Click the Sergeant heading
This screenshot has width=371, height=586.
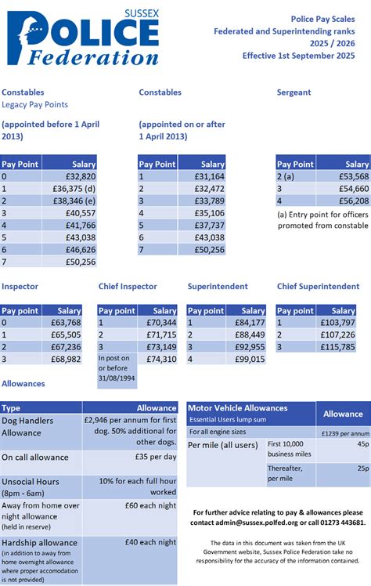[x=294, y=92]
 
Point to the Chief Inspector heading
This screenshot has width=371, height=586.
[x=128, y=287]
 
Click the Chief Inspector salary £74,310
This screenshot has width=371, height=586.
[x=160, y=359]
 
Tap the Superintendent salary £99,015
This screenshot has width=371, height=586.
[x=249, y=359]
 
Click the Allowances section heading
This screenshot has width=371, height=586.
[x=23, y=384]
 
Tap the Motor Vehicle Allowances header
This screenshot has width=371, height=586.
[x=237, y=408]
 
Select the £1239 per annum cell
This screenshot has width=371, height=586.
[x=343, y=432]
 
